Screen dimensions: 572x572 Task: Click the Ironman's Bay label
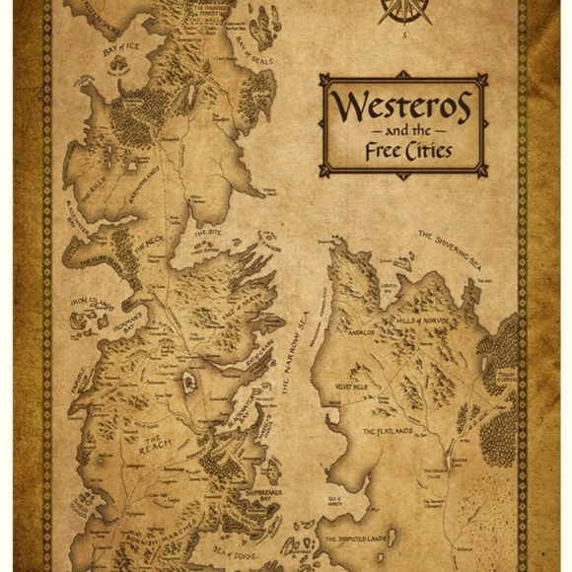pyautogui.click(x=134, y=310)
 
